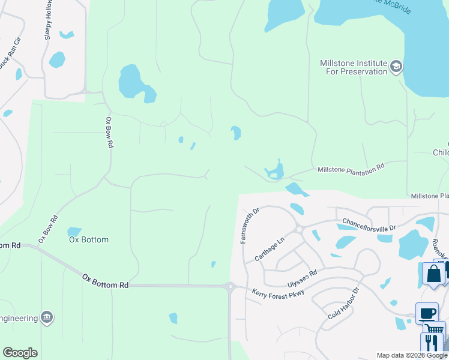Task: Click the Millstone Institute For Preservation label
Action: [x=353, y=67]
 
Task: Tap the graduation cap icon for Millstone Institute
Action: [x=396, y=66]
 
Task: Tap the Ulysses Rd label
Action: [x=301, y=274]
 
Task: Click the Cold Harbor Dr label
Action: [x=343, y=304]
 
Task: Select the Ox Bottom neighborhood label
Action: [x=89, y=240]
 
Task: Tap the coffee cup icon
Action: [x=427, y=313]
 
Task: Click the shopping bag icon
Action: [x=433, y=274]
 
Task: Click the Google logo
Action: [x=20, y=353]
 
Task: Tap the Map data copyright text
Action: [x=411, y=355]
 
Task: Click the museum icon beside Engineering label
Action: [x=47, y=317]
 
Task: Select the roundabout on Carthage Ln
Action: [x=298, y=229]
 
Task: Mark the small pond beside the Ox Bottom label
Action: [x=74, y=231]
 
